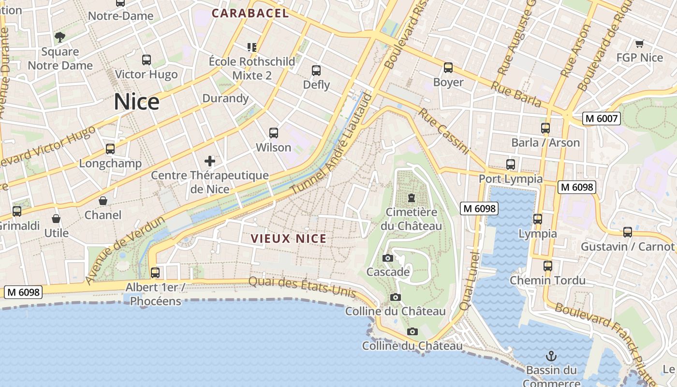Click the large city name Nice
(x=136, y=102)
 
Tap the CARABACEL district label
(x=250, y=14)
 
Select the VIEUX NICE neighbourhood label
(x=289, y=238)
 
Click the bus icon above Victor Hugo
(x=147, y=60)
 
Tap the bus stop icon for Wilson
(x=274, y=133)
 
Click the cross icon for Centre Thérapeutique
(x=210, y=161)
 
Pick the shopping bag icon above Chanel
(x=103, y=201)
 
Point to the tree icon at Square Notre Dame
(x=60, y=37)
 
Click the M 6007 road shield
(x=601, y=118)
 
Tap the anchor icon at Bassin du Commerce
(x=551, y=357)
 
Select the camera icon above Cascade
(x=388, y=258)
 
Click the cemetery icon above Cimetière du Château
(x=412, y=198)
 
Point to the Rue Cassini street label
(x=444, y=131)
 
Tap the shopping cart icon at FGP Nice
(x=639, y=44)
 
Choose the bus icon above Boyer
(x=448, y=68)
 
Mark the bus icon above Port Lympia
(x=511, y=164)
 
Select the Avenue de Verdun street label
(x=125, y=250)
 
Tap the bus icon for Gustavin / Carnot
(x=628, y=232)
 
